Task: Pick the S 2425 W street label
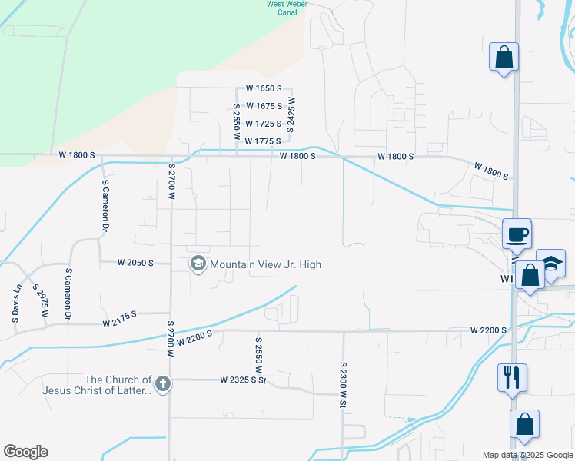[291, 114]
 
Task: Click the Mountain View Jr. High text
[265, 264]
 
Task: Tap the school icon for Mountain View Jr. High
[198, 264]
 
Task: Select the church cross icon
[162, 384]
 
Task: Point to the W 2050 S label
[135, 263]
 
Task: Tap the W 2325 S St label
[241, 380]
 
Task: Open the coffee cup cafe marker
[517, 234]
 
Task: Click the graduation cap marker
[550, 263]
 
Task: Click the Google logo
[25, 452]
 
